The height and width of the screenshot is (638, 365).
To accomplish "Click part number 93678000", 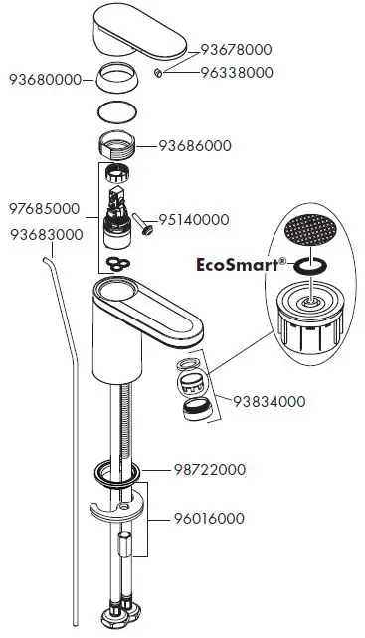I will [236, 49].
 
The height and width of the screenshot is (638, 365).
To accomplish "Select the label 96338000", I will [236, 72].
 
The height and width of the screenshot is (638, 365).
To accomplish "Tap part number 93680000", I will [44, 79].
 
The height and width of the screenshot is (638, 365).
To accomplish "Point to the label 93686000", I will [196, 145].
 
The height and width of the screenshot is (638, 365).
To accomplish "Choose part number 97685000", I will [44, 209].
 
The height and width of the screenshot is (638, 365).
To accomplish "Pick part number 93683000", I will [46, 234].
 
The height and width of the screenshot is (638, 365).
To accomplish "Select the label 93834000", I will [270, 402].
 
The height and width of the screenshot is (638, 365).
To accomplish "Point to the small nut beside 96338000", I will [159, 74].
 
